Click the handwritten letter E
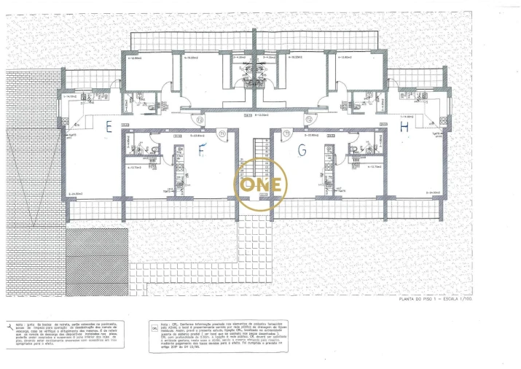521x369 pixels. pos(107,127)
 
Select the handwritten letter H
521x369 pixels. pos(404,128)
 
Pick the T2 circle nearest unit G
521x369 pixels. pos(309,120)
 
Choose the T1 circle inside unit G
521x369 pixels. pos(287,133)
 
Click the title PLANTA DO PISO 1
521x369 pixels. pos(436,298)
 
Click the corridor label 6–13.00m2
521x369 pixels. pos(256,114)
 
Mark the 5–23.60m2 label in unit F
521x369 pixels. pos(197,136)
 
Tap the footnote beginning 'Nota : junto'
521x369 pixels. pos(70,334)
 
